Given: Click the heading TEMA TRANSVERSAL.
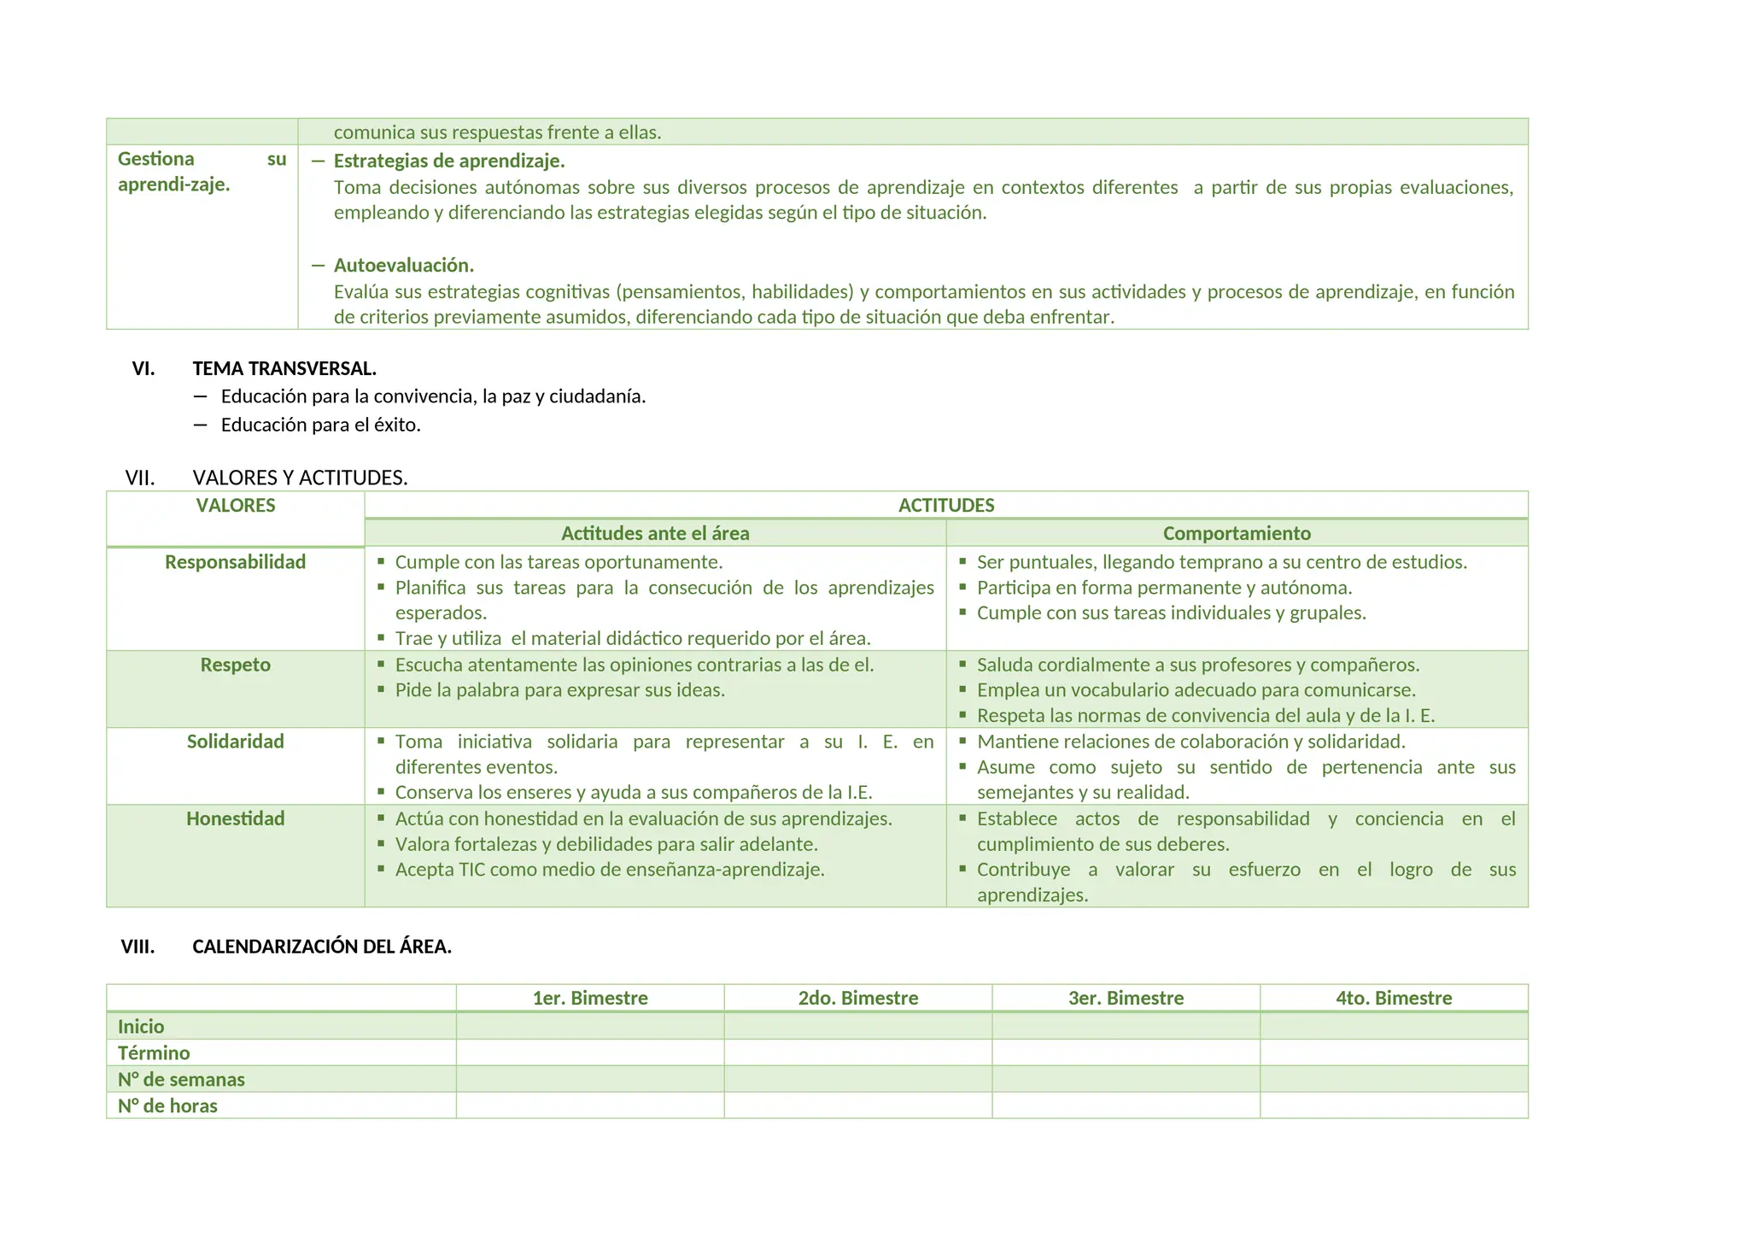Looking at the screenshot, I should tap(284, 369).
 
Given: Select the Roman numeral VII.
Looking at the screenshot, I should tap(140, 478).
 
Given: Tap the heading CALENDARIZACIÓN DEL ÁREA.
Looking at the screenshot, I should tap(322, 947).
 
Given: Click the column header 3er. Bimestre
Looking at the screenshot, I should tap(1126, 998).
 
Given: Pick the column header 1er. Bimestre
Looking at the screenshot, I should tap(590, 998).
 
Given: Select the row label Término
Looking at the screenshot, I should tap(154, 1052).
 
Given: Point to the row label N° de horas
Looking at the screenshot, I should tap(167, 1105).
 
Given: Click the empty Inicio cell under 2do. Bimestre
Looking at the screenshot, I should tap(857, 1026).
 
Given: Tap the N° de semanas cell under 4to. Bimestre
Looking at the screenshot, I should tap(1394, 1079).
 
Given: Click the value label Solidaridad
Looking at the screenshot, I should tap(236, 742).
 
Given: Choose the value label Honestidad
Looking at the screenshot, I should tap(236, 818).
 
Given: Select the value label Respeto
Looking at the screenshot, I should tap(236, 665).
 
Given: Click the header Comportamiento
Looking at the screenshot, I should tap(1237, 533).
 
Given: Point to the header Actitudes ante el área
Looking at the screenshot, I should tap(655, 533).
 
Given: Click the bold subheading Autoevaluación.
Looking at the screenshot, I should tap(404, 265).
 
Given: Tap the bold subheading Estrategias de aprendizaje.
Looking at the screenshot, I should tap(449, 161).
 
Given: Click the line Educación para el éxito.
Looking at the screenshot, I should tap(321, 425).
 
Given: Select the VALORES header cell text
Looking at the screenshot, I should tap(236, 505).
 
